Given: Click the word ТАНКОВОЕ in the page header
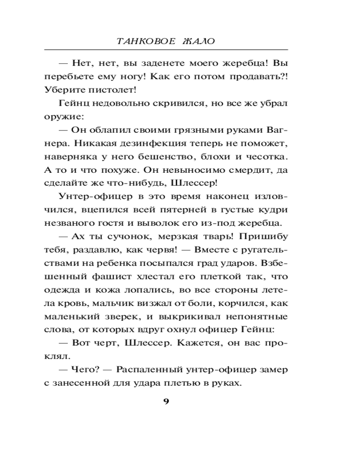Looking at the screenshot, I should point(143,41).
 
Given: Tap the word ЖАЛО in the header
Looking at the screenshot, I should point(198,41).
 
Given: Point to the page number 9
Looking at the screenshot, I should point(166,402).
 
